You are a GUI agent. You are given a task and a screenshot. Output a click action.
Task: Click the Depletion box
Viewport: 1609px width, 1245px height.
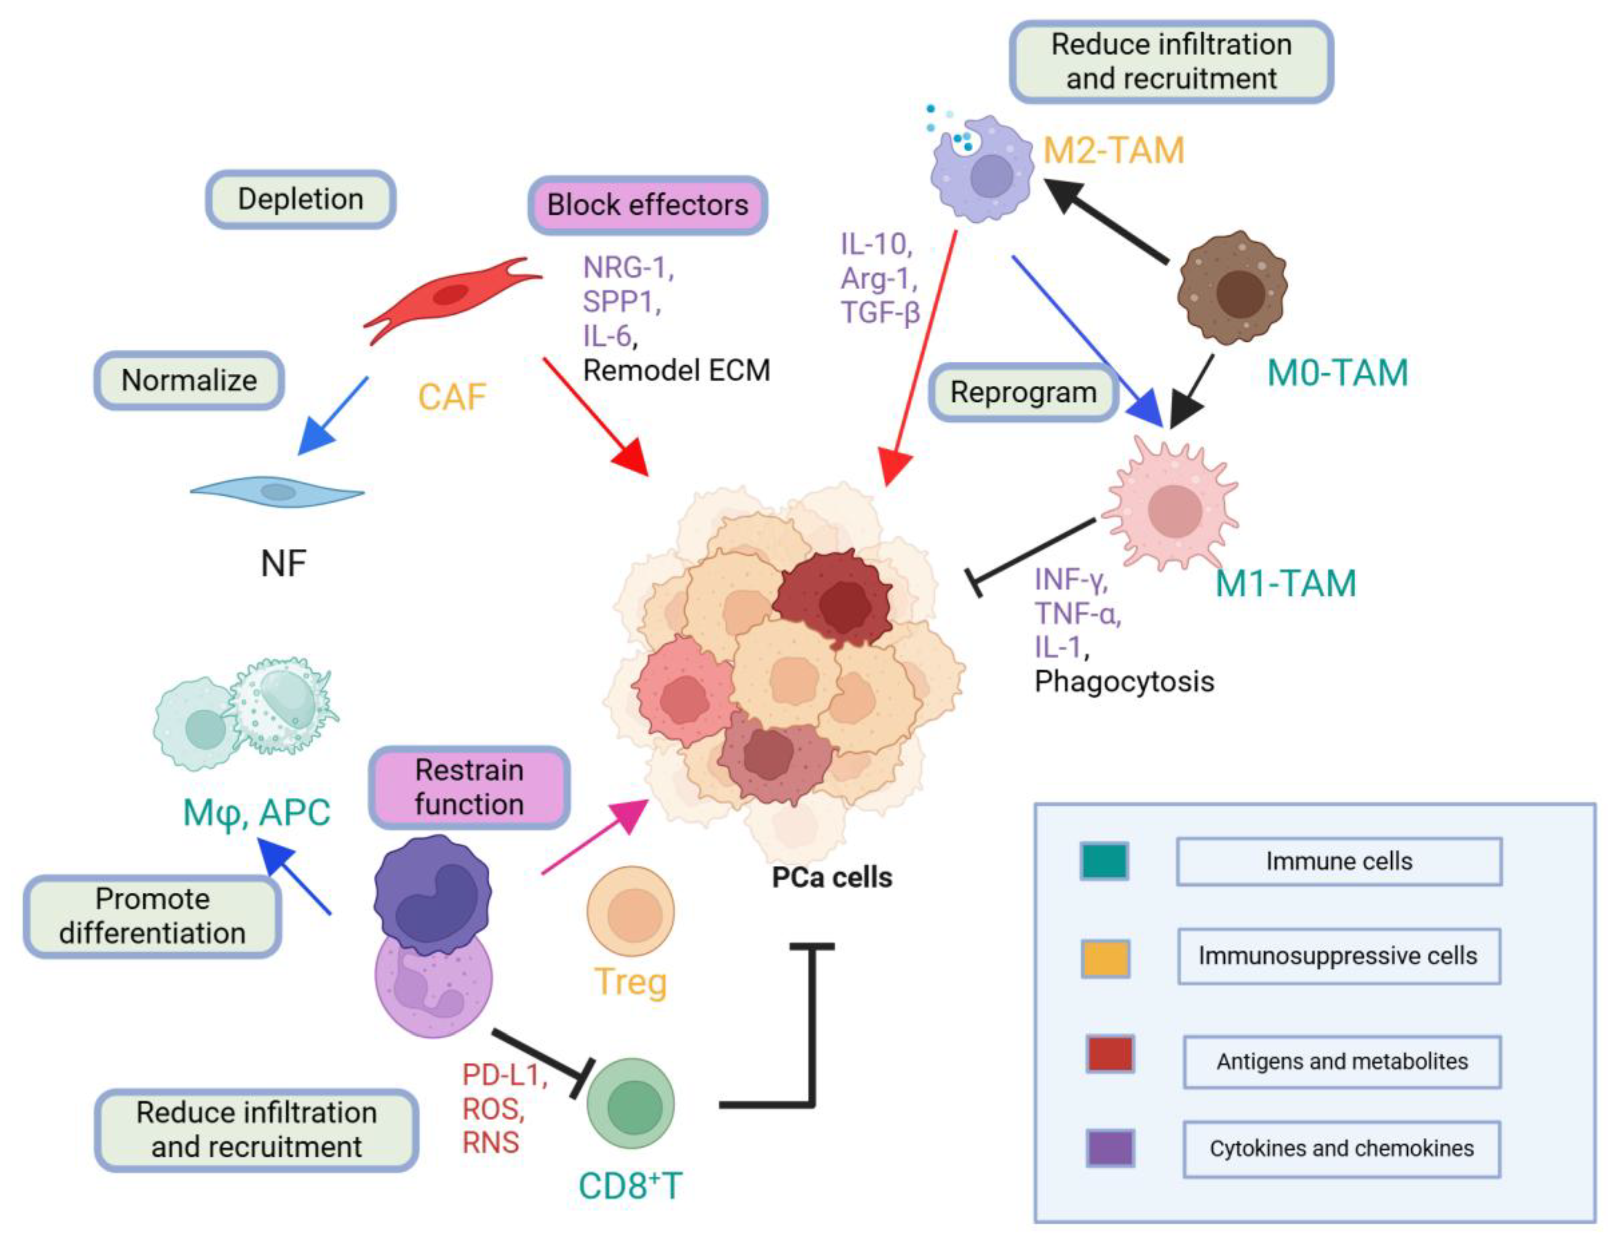(x=301, y=199)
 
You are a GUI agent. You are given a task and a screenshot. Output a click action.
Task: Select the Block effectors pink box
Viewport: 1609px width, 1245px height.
(x=648, y=205)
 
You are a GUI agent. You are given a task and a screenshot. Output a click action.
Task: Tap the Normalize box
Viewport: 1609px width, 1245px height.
(x=189, y=380)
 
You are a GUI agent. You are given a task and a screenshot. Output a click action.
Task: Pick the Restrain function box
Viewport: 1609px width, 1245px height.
(x=469, y=787)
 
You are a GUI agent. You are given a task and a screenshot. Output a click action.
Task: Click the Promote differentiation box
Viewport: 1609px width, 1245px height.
(x=153, y=916)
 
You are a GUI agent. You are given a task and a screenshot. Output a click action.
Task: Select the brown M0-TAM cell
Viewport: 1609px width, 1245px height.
(x=1232, y=287)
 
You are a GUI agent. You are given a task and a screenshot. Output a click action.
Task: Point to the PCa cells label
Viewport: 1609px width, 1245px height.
(x=832, y=877)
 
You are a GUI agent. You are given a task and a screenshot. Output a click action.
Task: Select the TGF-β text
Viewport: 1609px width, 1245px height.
(x=880, y=313)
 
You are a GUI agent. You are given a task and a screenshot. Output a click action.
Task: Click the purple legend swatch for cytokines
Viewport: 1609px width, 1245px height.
(x=1109, y=1148)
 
